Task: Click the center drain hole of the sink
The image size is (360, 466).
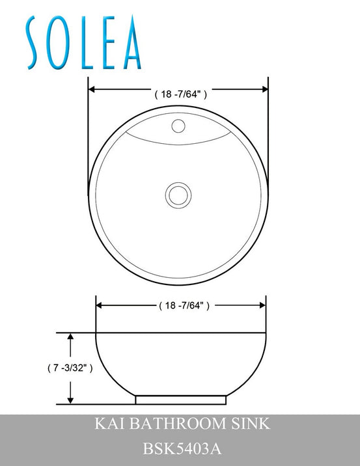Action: point(177,195)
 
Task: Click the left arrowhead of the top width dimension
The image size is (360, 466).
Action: point(92,90)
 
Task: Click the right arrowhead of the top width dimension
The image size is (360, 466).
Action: point(264,90)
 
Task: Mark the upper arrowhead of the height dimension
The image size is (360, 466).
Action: point(71,337)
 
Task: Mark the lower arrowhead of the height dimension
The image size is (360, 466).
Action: point(71,400)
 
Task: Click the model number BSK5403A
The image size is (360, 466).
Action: point(180,448)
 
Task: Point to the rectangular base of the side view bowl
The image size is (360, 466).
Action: point(181,399)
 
